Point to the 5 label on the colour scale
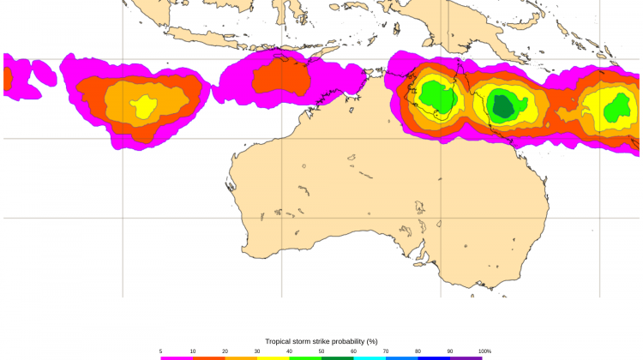pos(160,351)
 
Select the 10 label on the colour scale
pos(193,351)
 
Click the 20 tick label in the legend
pos(225,351)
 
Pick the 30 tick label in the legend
pos(257,351)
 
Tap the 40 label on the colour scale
pos(289,351)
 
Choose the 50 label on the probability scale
pos(321,351)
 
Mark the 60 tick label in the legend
pos(353,351)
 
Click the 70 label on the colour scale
pos(386,351)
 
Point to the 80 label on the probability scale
pos(418,351)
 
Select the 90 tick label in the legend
pos(450,351)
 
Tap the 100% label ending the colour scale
pos(484,351)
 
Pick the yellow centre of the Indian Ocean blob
pos(143,106)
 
